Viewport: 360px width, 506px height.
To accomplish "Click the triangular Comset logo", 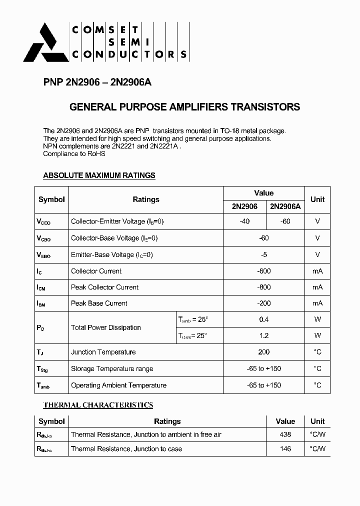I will [46, 43].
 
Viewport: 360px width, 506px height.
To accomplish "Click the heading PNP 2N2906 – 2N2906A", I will [93, 83].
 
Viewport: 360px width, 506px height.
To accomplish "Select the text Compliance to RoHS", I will [74, 154].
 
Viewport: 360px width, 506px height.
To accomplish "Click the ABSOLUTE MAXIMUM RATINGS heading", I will [99, 175].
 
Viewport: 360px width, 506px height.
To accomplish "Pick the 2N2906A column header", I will [285, 206].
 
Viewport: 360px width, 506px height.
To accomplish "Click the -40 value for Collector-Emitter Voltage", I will [244, 221].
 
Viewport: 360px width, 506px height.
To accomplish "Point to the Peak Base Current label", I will [99, 303].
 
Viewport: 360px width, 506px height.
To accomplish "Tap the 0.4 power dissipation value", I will [263, 319].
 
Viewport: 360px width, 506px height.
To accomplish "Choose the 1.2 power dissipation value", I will [263, 335].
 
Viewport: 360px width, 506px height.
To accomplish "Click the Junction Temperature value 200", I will [263, 352].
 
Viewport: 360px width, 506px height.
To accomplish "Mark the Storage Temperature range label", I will [112, 368].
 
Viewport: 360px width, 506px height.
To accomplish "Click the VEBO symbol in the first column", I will [43, 255].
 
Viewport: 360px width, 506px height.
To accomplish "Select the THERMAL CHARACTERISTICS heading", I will [98, 405].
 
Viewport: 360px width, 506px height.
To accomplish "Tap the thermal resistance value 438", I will [285, 434].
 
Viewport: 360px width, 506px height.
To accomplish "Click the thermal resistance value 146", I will [285, 449].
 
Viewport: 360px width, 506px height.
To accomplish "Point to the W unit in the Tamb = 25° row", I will [317, 319].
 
